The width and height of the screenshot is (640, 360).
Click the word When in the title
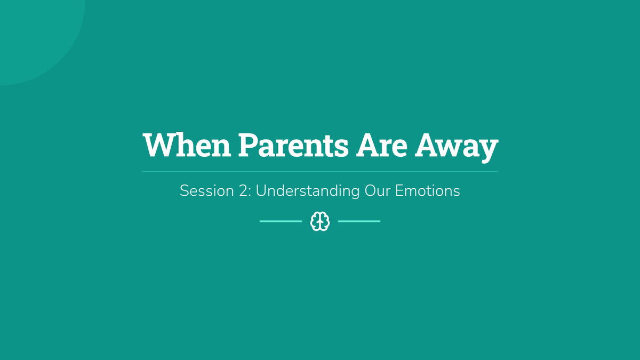(x=187, y=145)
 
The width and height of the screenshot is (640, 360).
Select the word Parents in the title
(x=293, y=145)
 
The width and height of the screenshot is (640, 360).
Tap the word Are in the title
(x=382, y=145)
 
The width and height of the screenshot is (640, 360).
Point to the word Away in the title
(x=457, y=147)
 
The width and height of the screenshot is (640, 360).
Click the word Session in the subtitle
(x=207, y=191)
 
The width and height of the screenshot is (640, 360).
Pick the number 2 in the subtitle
(x=243, y=191)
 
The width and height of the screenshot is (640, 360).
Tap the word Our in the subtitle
(x=377, y=191)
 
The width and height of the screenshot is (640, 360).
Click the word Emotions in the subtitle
(x=427, y=191)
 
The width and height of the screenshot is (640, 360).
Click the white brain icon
(x=320, y=221)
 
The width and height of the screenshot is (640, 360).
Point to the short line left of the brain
(x=281, y=221)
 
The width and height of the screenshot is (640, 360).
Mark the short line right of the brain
(x=359, y=221)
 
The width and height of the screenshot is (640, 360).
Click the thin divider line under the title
(x=320, y=171)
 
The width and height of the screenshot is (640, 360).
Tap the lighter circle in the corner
(x=34, y=34)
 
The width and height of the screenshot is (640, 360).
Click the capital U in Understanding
(x=261, y=191)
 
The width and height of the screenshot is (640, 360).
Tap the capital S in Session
(x=185, y=191)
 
